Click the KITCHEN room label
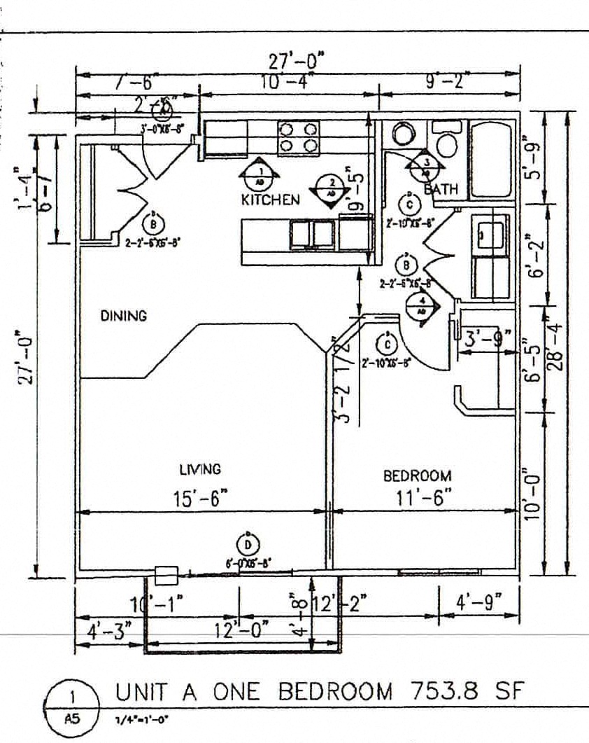point(270,200)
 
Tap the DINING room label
point(124,316)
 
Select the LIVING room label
point(200,469)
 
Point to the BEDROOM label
point(417,476)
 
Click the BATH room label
point(441,189)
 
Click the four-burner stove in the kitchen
point(299,137)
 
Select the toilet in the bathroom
point(444,140)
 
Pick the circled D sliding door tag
point(247,544)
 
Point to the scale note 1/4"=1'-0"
point(143,719)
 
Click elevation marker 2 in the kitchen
point(332,187)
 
